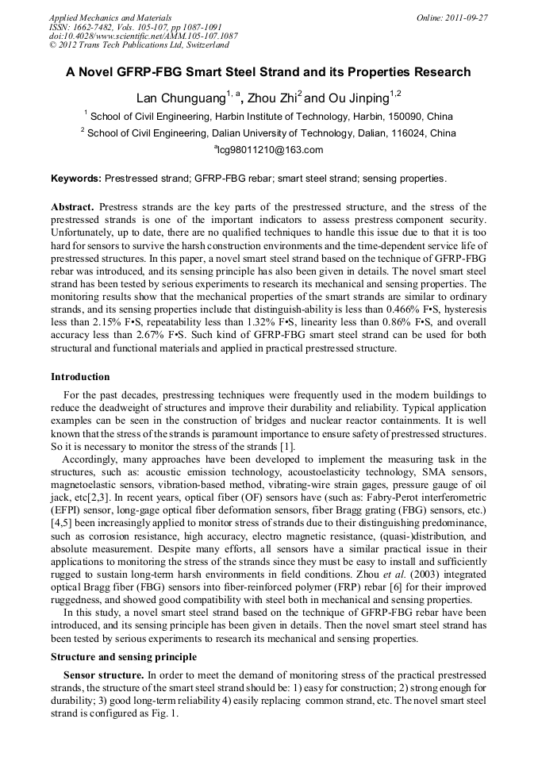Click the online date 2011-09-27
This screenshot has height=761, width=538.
[x=468, y=17]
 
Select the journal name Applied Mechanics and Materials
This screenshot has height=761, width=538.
[x=110, y=17]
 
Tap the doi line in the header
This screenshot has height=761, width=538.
[x=143, y=36]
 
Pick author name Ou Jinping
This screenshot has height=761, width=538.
[x=359, y=99]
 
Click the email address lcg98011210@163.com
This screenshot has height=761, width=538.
[x=270, y=150]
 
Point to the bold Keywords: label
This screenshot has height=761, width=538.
[x=76, y=179]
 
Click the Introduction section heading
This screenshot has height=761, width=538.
[x=80, y=376]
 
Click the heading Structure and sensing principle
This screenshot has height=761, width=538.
[x=123, y=657]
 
